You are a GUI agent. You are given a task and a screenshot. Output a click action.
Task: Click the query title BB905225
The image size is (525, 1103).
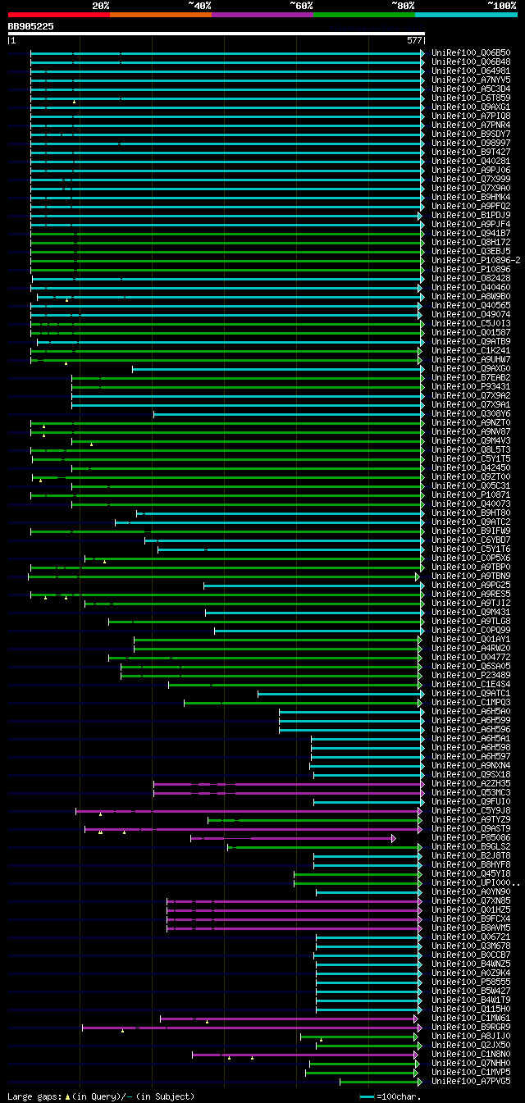point(30,26)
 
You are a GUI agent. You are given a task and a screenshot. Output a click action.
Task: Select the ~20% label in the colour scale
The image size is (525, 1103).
point(100,6)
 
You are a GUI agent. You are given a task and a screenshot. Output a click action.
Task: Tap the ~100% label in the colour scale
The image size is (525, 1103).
point(501,6)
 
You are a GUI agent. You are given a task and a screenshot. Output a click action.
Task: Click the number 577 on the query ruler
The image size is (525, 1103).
point(413,39)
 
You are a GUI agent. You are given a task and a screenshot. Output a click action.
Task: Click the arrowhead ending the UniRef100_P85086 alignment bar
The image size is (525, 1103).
point(394,838)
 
